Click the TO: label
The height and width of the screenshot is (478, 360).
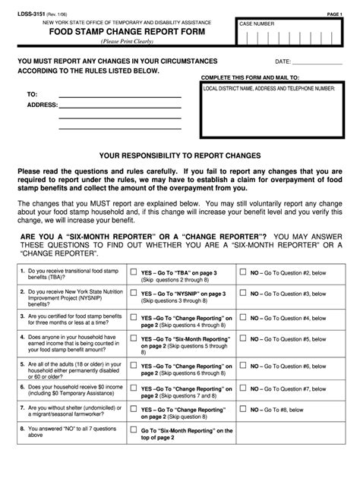click(x=32, y=94)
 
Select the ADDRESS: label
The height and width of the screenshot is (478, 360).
click(x=43, y=105)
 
